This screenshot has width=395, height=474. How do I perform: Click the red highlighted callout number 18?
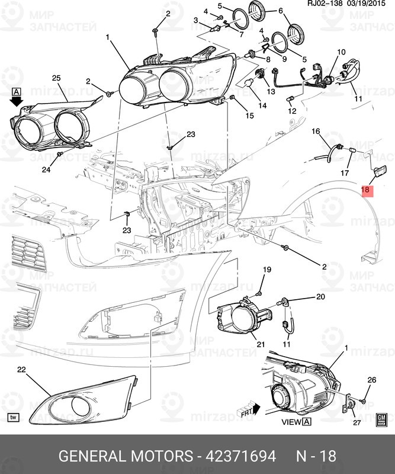coord(365,191)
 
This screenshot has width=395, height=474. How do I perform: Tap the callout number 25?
coord(56,78)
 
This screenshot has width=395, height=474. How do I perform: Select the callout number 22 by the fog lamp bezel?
coord(22,370)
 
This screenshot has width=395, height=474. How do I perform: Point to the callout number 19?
coord(267,270)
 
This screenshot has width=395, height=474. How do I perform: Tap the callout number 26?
coord(372,380)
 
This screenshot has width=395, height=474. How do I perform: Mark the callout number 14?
coord(262,106)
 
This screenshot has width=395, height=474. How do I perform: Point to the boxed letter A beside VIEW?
coord(307,422)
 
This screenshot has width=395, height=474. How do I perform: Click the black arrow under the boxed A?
coord(17,102)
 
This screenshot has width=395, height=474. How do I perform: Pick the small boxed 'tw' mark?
coord(14,417)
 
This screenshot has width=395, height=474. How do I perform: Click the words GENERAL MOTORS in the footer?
coord(125,456)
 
